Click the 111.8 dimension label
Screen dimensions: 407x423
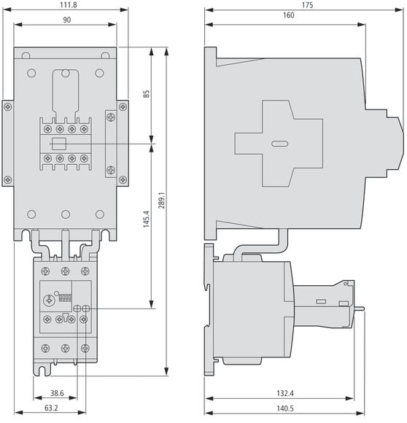[x=69, y=5]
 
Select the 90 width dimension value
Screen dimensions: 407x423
[x=66, y=20]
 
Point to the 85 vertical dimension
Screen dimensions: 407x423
[x=146, y=94]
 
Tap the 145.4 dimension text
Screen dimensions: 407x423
[x=146, y=219]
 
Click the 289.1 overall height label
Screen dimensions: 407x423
[x=161, y=200]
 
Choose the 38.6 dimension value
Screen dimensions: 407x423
[x=57, y=393]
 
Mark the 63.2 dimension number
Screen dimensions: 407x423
[x=51, y=408]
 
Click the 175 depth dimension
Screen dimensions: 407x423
[x=307, y=5]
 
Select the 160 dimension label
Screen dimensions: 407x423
[x=288, y=15]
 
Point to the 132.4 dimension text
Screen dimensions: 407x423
[x=285, y=393]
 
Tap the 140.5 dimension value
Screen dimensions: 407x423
[x=285, y=408]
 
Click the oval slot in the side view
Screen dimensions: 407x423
[x=279, y=144]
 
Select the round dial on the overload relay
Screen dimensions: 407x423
[x=49, y=300]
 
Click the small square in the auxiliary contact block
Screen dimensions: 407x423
[x=59, y=144]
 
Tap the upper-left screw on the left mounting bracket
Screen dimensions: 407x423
[x=8, y=107]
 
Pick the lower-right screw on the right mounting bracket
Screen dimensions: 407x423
[x=123, y=179]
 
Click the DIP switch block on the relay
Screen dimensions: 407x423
[x=65, y=298]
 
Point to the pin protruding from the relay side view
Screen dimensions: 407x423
[x=359, y=308]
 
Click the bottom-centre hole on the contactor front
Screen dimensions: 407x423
[x=66, y=214]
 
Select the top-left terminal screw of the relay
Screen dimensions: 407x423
[x=45, y=271]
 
